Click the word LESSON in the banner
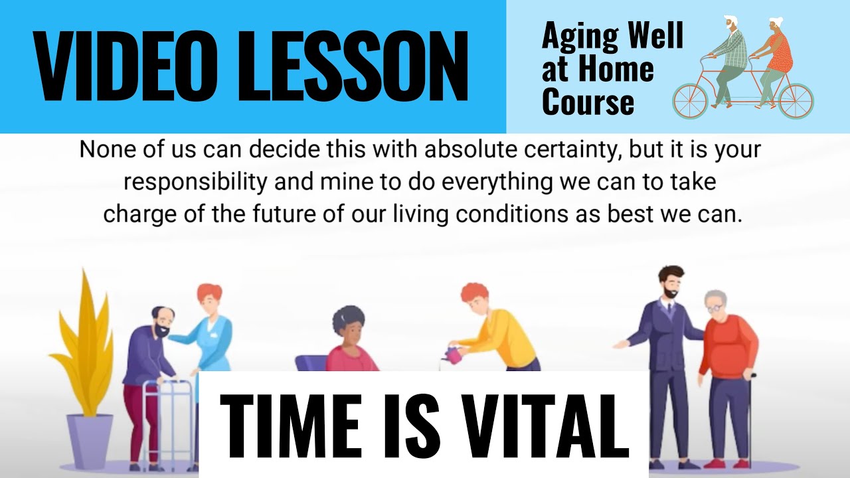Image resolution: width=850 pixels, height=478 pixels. (353, 66)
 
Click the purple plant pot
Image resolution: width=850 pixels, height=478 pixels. (90, 441)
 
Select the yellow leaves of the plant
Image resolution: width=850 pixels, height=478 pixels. (84, 341)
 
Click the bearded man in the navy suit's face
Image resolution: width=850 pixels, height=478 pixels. (671, 286)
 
